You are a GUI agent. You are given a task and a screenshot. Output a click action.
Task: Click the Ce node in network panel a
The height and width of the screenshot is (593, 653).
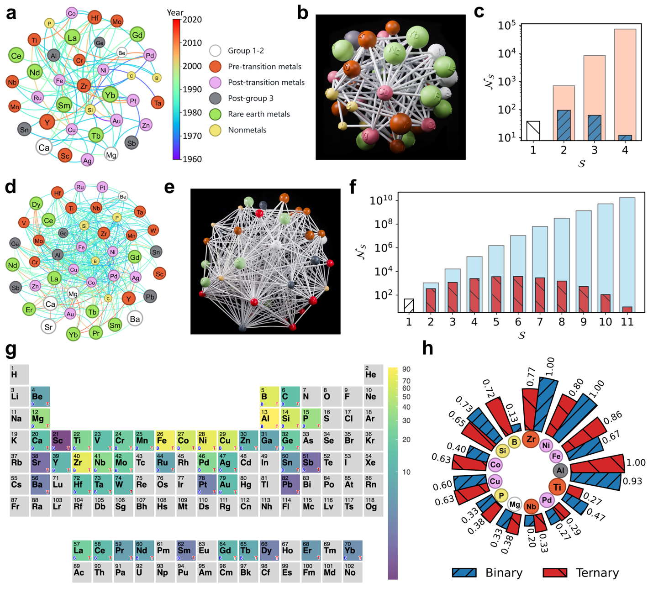click(16, 56)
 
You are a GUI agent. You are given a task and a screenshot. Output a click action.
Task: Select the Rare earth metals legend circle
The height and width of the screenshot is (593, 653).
click(216, 114)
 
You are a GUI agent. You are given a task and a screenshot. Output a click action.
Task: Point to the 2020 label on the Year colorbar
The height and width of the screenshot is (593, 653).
click(192, 20)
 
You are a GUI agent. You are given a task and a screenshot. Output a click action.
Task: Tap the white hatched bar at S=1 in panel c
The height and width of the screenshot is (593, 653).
click(533, 131)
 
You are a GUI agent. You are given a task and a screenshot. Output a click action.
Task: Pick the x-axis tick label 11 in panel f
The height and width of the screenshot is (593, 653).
click(627, 322)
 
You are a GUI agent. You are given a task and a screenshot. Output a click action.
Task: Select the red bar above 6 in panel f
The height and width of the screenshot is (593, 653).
click(518, 294)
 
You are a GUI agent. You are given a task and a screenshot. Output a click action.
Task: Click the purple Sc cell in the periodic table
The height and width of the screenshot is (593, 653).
click(61, 440)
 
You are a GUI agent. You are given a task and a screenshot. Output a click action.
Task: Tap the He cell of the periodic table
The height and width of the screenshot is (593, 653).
click(373, 374)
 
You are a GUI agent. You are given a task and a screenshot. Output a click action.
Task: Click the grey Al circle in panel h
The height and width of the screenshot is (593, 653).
click(560, 470)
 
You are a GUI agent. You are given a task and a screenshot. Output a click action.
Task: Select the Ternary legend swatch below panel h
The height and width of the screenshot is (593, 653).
click(555, 573)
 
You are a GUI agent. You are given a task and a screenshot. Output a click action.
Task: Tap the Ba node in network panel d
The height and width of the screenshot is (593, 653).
click(134, 319)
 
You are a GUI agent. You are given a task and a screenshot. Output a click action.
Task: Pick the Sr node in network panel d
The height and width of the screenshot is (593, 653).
click(48, 326)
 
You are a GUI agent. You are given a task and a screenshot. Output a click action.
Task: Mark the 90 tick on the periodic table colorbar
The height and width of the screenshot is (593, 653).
click(406, 369)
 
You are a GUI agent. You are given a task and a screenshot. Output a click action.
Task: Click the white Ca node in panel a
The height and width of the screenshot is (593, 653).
click(44, 147)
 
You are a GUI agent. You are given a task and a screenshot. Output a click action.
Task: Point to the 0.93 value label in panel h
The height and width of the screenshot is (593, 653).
click(632, 481)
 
